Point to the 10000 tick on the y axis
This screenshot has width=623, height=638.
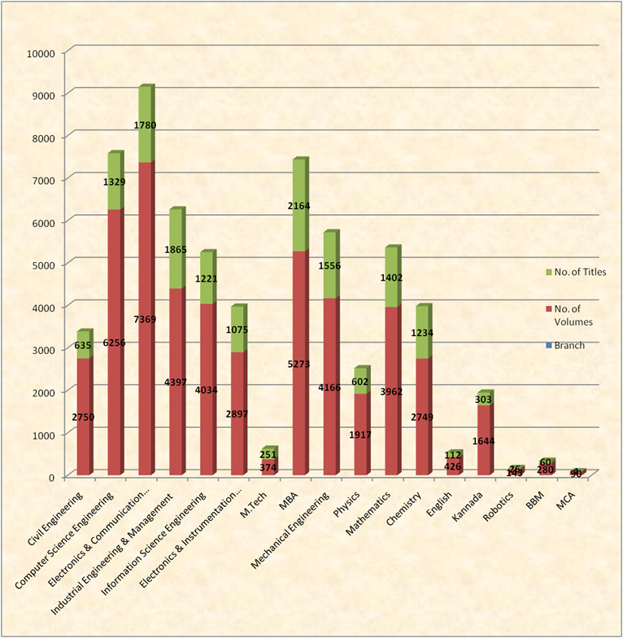pos(39,53)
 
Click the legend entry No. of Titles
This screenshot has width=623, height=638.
pos(576,272)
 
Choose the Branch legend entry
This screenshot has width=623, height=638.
pos(569,345)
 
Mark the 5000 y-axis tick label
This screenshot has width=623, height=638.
pos(41,264)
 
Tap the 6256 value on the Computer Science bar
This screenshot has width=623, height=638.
pos(115,343)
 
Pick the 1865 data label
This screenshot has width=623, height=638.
pos(177,251)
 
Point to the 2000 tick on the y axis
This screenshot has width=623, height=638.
pos(41,391)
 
